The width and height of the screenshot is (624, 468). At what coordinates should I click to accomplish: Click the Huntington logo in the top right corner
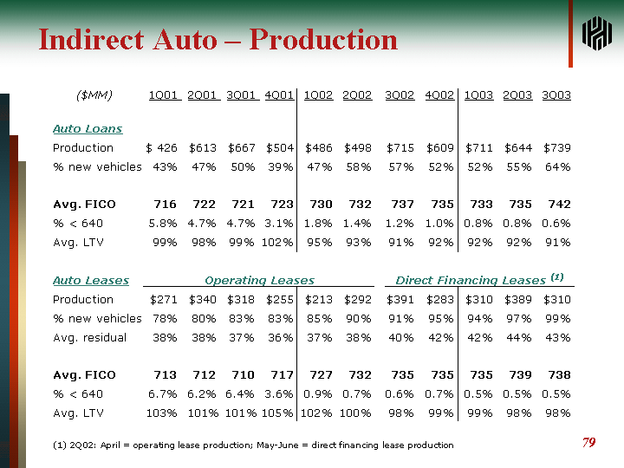(597, 34)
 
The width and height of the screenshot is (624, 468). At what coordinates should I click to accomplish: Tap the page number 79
(588, 443)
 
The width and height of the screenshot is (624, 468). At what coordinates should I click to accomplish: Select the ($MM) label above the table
(94, 94)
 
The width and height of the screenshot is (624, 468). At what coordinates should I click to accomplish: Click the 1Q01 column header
(165, 94)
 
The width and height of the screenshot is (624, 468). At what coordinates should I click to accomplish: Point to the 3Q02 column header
(400, 94)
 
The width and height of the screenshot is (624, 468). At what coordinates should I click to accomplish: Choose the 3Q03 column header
(556, 94)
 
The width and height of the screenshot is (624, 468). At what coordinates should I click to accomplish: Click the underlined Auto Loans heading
(88, 128)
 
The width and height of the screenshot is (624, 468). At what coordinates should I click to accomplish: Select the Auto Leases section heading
(91, 280)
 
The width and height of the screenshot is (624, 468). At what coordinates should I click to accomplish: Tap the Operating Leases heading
(259, 280)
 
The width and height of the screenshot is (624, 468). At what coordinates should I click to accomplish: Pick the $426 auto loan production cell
(162, 147)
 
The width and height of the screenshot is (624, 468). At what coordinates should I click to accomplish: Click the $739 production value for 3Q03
(556, 147)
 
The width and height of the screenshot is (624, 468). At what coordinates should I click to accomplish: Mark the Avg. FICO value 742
(559, 205)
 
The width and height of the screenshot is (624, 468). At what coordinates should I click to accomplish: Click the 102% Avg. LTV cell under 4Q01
(278, 243)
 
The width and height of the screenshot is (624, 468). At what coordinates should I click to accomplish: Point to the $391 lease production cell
(400, 299)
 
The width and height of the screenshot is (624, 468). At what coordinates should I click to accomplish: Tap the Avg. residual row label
(90, 337)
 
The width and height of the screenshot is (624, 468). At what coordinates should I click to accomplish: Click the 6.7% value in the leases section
(163, 394)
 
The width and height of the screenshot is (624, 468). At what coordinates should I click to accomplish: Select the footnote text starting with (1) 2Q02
(253, 445)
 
